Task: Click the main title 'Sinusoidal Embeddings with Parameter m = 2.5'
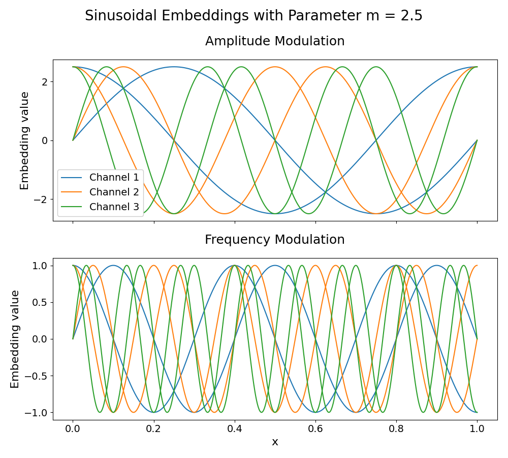pos(253,16)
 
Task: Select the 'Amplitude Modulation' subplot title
pos(275,41)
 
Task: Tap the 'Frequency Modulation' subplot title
pos(275,240)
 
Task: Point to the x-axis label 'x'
pos(275,442)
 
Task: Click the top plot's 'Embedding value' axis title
pos(24,140)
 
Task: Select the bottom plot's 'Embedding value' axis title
pos(15,339)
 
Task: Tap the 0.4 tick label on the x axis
pos(235,429)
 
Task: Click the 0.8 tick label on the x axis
pos(396,429)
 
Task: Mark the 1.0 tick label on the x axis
pos(477,429)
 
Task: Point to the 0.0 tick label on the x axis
pos(73,429)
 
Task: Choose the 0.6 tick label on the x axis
pos(315,429)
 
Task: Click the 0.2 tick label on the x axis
pos(154,429)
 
